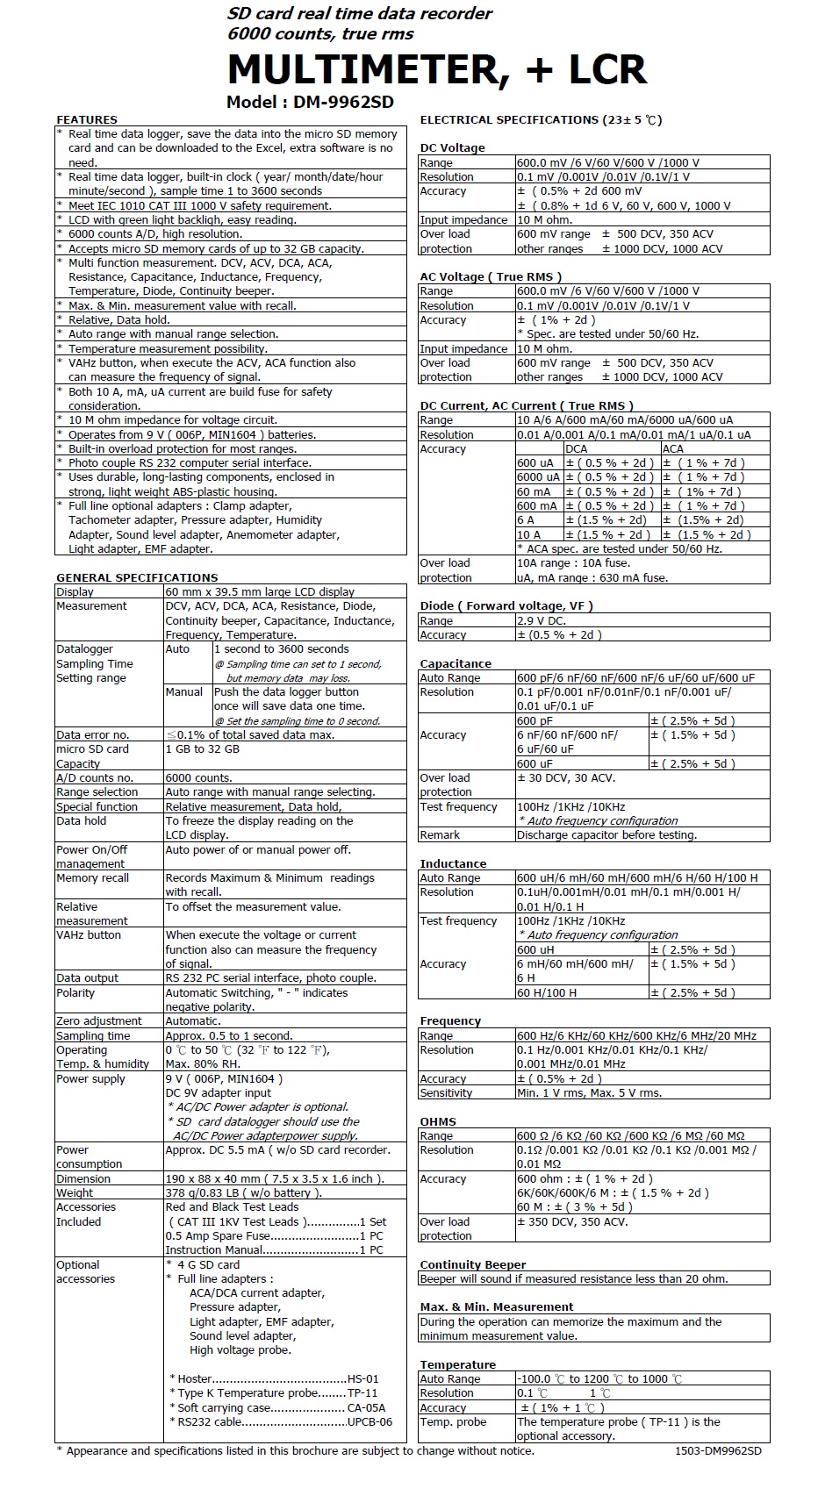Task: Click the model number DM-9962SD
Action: (310, 102)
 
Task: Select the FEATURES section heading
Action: (87, 119)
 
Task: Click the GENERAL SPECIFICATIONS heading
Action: (137, 577)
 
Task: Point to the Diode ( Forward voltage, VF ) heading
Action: (506, 605)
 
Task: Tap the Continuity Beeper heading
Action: (473, 1264)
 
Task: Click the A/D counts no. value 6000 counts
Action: (199, 777)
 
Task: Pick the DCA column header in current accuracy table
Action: (576, 448)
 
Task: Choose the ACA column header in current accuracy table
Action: (673, 448)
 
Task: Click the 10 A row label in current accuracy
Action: (528, 534)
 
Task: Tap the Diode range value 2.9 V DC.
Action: (542, 620)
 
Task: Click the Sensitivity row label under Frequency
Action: (446, 1092)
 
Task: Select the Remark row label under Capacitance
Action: (440, 834)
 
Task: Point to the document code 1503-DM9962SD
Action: (718, 1450)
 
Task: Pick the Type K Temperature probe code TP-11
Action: (362, 1392)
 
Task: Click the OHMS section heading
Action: (438, 1121)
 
